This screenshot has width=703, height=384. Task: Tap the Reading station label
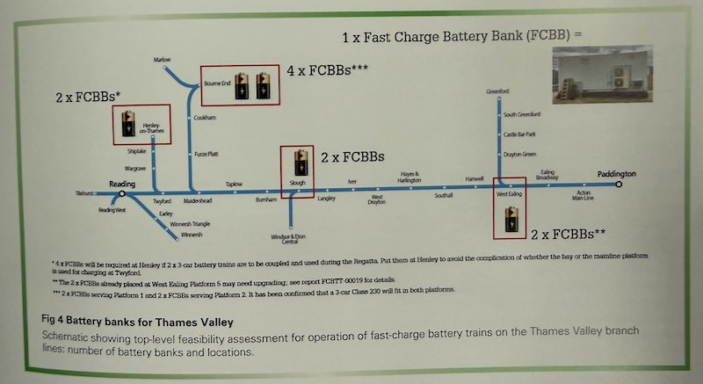pyautogui.click(x=121, y=183)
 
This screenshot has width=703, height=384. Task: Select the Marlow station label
pyautogui.click(x=162, y=60)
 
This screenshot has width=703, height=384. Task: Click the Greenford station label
pyautogui.click(x=498, y=91)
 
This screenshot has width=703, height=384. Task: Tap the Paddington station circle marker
pyautogui.click(x=619, y=185)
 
